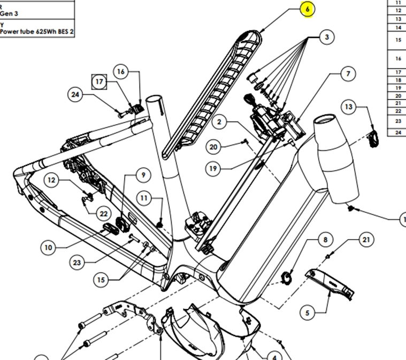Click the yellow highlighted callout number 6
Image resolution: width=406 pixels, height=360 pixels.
coord(307,9)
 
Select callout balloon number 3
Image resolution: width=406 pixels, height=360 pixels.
coord(326,37)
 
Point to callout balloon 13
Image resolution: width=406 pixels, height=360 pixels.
coord(349,107)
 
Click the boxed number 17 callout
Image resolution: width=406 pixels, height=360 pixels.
coord(99,81)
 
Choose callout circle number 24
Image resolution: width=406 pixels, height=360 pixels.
coord(75,95)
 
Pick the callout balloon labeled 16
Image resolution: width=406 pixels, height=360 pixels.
coord(120,72)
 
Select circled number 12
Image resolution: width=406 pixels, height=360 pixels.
coord(51,180)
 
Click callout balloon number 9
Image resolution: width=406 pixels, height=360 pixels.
coord(143,175)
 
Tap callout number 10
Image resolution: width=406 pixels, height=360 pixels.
coord(48,248)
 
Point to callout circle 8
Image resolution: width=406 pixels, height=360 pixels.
coord(325,240)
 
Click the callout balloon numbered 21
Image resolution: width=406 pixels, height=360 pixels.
coord(366,240)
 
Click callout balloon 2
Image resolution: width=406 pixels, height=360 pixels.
coord(219,122)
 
